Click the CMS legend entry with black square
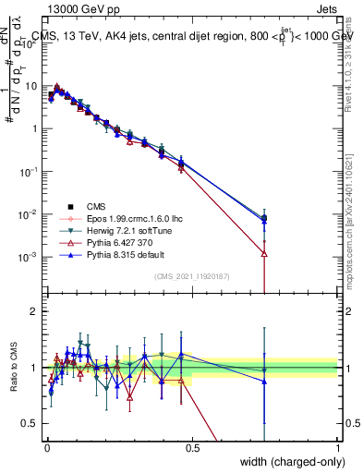click(88, 207)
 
